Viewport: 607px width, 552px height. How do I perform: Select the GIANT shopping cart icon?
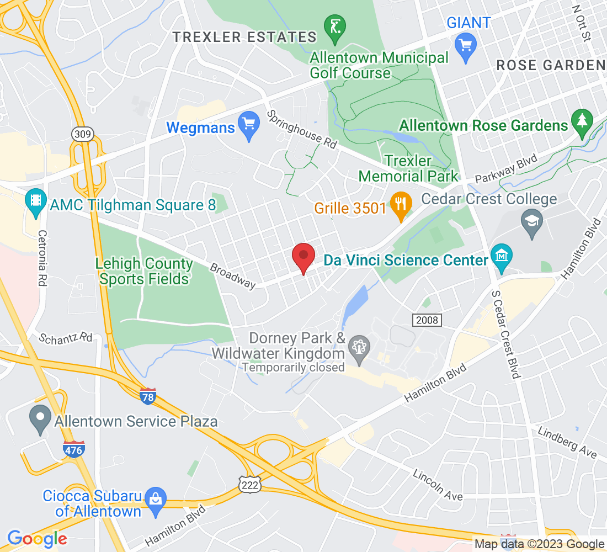[x=466, y=43]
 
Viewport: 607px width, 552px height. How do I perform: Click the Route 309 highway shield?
[x=82, y=134]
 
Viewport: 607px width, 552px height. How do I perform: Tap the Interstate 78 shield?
[x=148, y=395]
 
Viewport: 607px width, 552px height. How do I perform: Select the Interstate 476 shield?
[x=73, y=449]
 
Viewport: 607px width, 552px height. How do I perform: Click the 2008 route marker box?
[x=427, y=320]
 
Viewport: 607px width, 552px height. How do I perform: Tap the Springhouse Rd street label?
[x=302, y=130]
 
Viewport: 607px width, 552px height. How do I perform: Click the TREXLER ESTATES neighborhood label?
[x=244, y=38]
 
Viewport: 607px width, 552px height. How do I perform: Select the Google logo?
[x=37, y=539]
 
